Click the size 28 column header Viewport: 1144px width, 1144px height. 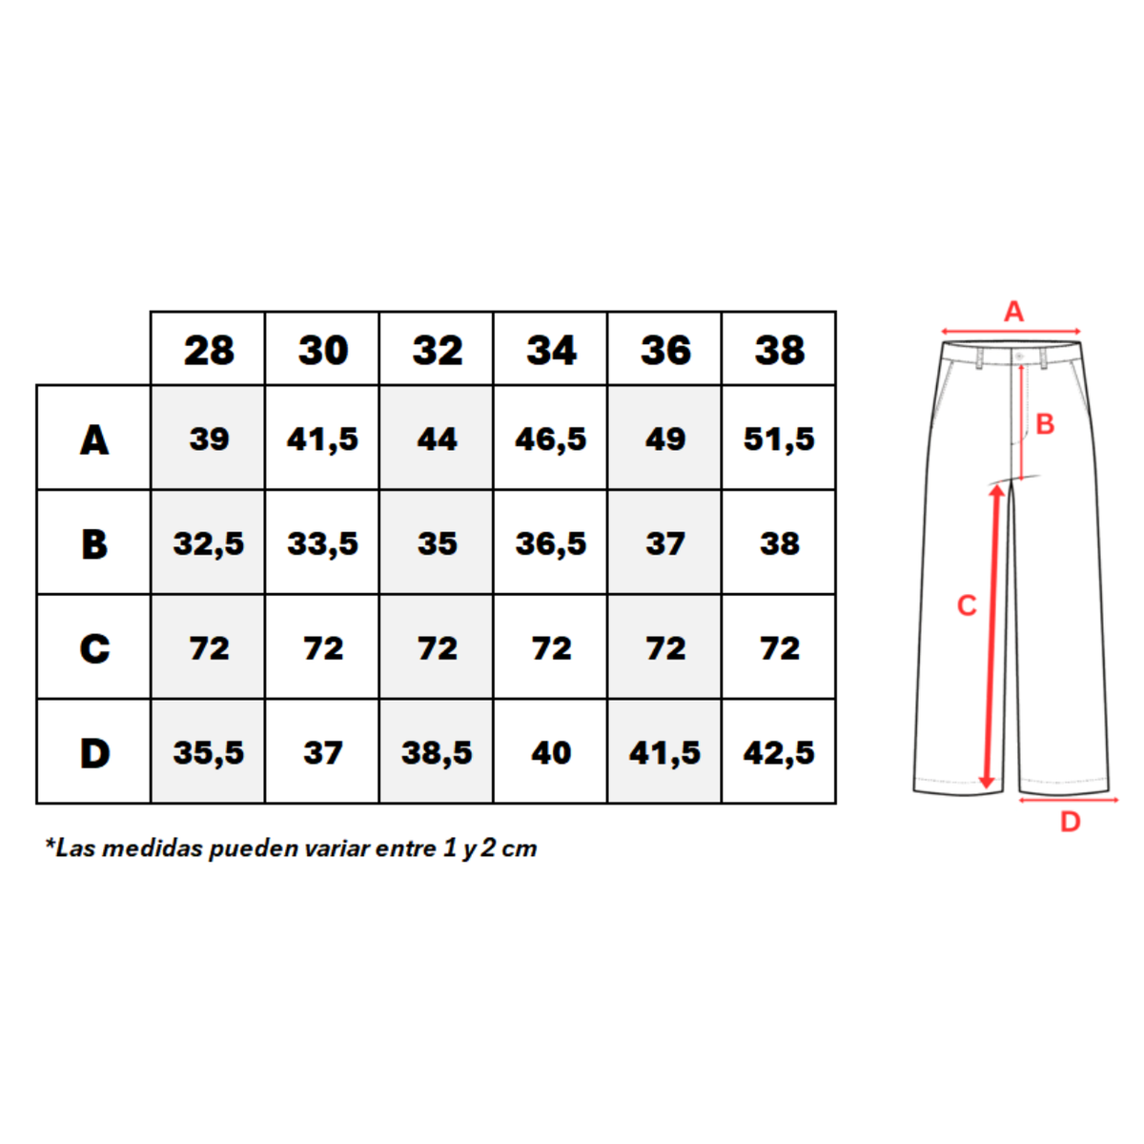[x=209, y=350]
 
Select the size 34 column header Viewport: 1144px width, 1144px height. [x=551, y=350]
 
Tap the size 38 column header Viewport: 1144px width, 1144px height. [x=780, y=350]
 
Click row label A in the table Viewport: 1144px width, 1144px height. [x=94, y=439]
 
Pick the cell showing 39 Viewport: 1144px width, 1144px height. [x=209, y=439]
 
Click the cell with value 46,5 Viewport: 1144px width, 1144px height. [x=550, y=439]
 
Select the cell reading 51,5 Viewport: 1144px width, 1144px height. [x=779, y=439]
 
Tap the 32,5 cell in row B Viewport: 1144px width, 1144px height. [x=209, y=543]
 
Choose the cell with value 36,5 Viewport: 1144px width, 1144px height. [x=550, y=543]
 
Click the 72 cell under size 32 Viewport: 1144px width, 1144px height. [x=437, y=647]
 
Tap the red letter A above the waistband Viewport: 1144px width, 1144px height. [x=1014, y=312]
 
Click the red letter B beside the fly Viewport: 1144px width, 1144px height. [x=1045, y=424]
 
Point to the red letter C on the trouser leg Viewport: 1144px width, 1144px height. [x=967, y=605]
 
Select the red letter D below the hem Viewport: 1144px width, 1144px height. [x=1071, y=822]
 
